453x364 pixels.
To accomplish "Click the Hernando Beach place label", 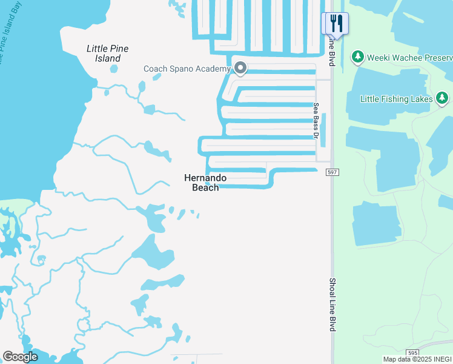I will pos(205,183).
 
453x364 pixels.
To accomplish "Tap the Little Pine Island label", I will pos(108,53).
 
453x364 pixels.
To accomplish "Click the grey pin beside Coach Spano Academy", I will pos(240,68).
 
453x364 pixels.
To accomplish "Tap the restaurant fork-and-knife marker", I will pos(335,24).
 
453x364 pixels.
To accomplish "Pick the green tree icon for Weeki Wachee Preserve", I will pos(358,57).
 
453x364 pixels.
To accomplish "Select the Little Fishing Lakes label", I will pos(396,98).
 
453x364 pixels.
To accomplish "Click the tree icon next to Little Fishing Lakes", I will pos(442,98).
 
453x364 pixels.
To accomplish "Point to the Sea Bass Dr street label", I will pos(316,120).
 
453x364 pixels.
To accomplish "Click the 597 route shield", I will pos(334,173).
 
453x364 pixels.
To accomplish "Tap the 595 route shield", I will pos(412,352).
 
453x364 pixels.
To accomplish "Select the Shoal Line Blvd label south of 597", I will pos(332,305).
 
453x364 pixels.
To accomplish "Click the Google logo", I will pos(20,357).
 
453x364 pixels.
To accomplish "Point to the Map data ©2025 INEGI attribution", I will pos(417,359).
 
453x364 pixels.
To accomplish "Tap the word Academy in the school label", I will pos(213,69).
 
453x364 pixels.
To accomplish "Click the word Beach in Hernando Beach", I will pos(205,187).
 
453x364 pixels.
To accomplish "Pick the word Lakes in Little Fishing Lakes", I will pos(422,98).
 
